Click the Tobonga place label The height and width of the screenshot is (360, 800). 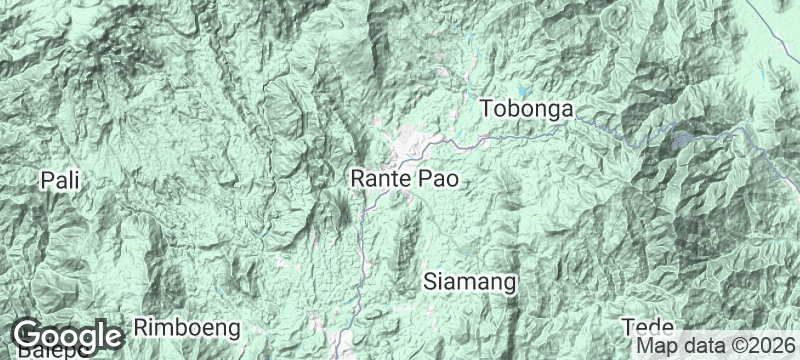[x=525, y=109]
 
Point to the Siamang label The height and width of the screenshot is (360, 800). [x=470, y=282]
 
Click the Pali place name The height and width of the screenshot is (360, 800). [x=59, y=181]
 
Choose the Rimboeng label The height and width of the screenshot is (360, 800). [x=188, y=327]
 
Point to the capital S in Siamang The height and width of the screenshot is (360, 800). [x=431, y=282]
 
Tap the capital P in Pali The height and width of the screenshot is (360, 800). [x=47, y=181]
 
